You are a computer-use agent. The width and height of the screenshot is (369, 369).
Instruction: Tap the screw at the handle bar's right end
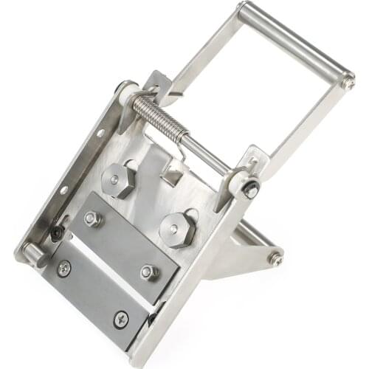click(x=347, y=83)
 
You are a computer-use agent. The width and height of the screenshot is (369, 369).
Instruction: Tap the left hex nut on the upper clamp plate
click(x=92, y=219)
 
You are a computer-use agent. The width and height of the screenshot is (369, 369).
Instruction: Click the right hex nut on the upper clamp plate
click(x=149, y=272)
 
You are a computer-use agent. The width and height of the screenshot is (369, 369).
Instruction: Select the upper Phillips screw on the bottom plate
click(x=65, y=268)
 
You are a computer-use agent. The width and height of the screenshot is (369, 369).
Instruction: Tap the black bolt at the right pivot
click(x=252, y=190)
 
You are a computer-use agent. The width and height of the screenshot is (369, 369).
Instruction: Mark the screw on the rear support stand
click(x=275, y=258)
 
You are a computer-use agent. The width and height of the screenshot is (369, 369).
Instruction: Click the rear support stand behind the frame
click(x=244, y=251)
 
